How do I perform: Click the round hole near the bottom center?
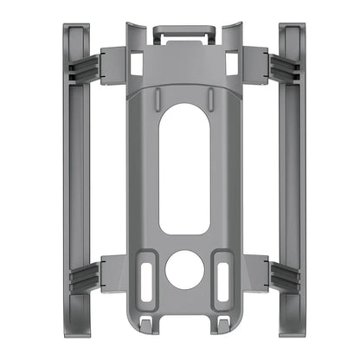coord(183,270)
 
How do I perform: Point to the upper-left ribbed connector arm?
coord(90,66)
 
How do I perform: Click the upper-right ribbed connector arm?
coord(278,66)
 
